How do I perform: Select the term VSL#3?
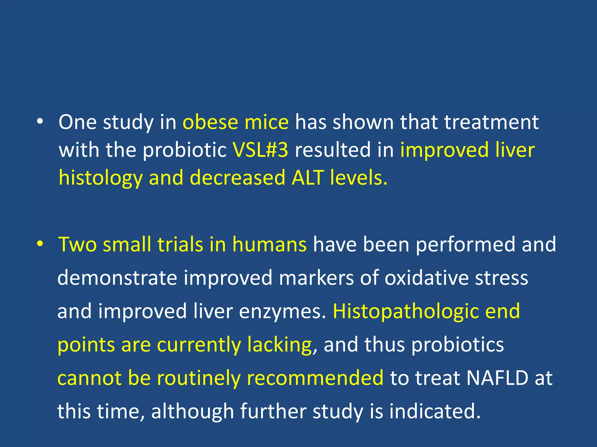[260, 150]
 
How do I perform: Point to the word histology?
[101, 178]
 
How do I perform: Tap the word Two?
[77, 244]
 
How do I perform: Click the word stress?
[501, 278]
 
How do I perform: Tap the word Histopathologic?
[405, 311]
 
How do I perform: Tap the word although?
[192, 411]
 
